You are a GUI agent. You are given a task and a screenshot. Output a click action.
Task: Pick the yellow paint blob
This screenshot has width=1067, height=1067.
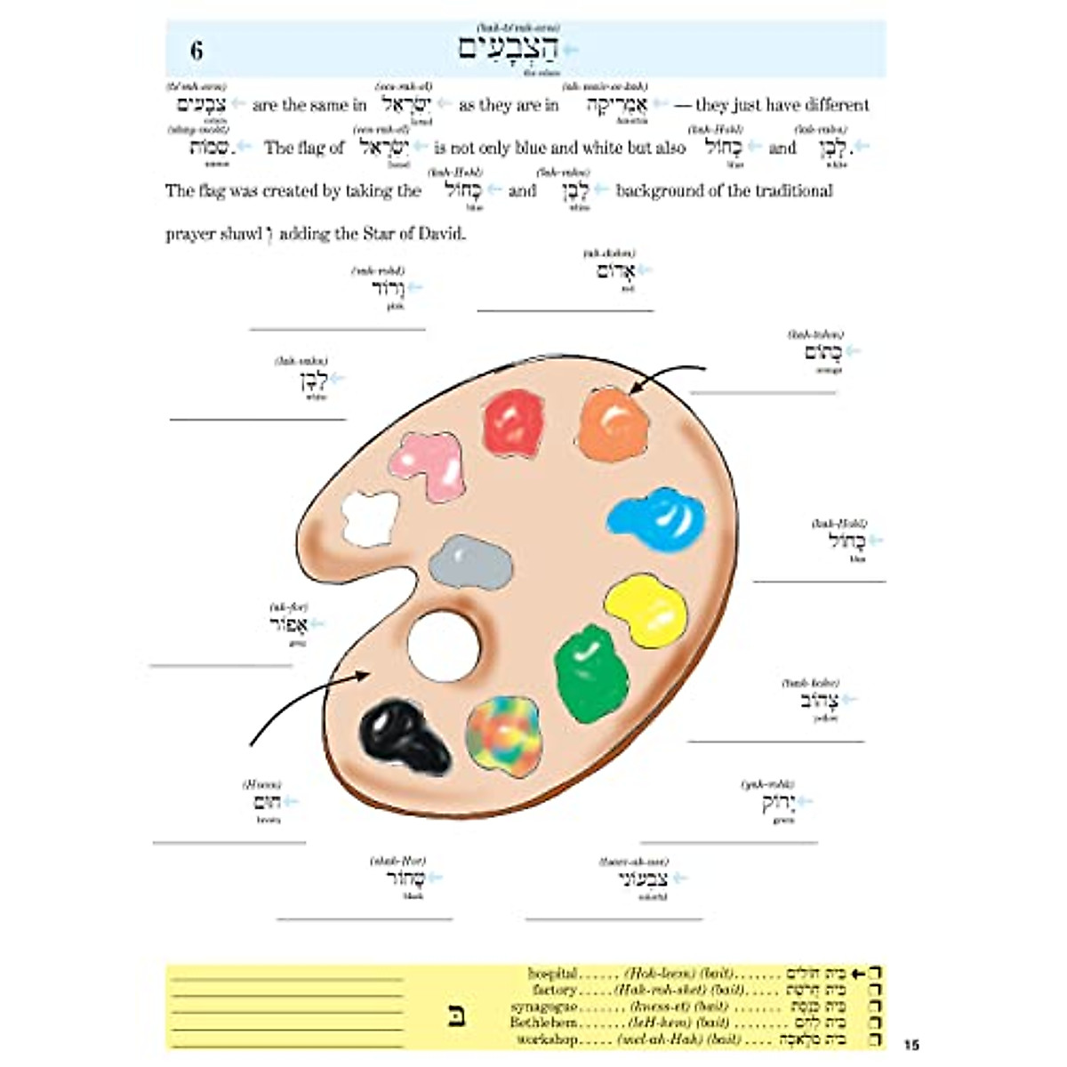pyautogui.click(x=646, y=607)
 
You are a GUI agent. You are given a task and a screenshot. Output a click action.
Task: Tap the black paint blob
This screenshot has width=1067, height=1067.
pyautogui.click(x=405, y=735)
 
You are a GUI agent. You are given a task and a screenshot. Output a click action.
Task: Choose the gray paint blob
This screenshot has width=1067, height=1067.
pyautogui.click(x=470, y=562)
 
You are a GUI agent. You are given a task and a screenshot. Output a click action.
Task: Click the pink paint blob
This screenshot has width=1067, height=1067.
pyautogui.click(x=430, y=465)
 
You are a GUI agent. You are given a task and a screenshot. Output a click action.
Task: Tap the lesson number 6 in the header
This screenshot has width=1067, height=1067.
pyautogui.click(x=197, y=51)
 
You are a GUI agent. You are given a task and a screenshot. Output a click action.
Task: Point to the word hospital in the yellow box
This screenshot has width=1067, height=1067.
pyautogui.click(x=552, y=974)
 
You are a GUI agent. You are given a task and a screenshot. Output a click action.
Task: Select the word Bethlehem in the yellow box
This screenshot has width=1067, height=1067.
pyautogui.click(x=543, y=1023)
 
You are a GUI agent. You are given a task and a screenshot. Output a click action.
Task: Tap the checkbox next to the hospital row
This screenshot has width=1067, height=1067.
pyautogui.click(x=876, y=975)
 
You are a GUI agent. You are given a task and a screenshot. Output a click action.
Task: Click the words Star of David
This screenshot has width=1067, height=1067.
pyautogui.click(x=413, y=235)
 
